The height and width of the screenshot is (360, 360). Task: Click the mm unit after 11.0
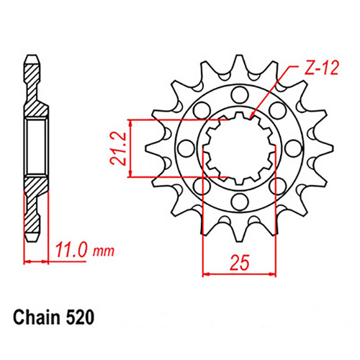104,252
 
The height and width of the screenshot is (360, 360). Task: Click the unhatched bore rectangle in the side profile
34,147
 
